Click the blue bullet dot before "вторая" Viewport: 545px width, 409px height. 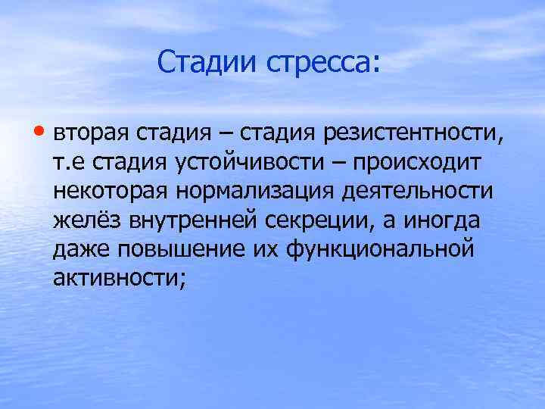point(43,133)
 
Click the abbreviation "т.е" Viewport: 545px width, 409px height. point(69,164)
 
